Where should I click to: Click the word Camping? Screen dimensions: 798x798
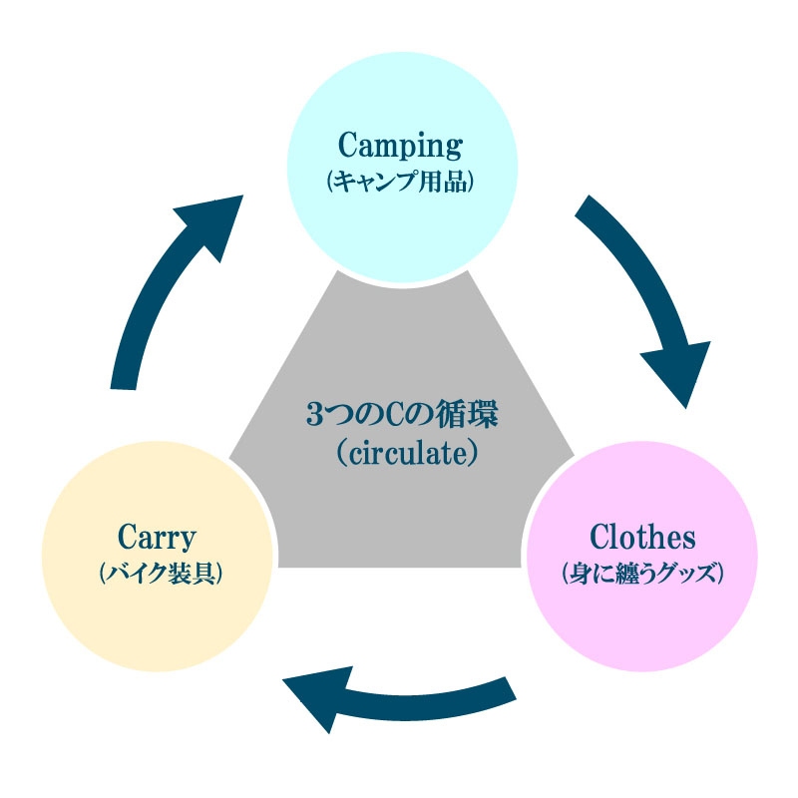click(401, 147)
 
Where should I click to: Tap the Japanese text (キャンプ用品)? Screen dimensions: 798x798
click(401, 183)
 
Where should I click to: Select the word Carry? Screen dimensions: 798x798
click(157, 539)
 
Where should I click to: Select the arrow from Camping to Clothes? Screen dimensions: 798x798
click(638, 289)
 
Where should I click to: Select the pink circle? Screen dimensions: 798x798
click(641, 618)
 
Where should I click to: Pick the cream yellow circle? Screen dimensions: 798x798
click(158, 618)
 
